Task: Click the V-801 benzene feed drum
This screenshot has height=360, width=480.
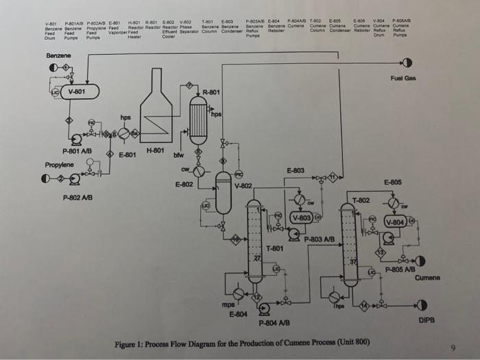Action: tap(80, 91)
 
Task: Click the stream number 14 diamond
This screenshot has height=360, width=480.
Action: tap(365, 304)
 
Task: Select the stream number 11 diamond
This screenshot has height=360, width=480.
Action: tap(333, 177)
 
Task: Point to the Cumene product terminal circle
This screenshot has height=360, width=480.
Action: tap(420, 261)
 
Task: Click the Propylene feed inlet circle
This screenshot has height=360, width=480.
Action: tap(46, 179)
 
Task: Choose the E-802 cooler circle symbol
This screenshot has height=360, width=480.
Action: tap(199, 172)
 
